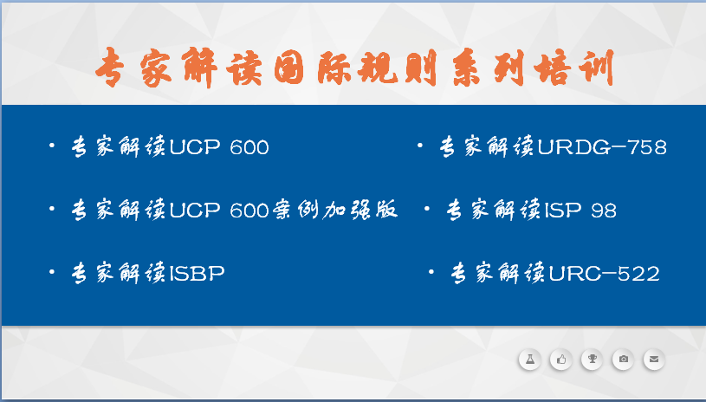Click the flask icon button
[529, 360]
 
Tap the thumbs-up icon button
[561, 360]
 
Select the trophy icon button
[592, 360]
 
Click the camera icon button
[623, 360]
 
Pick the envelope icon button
[654, 360]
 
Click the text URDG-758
[602, 147]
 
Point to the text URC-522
[605, 273]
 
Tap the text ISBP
[197, 273]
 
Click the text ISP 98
[580, 211]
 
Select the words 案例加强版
[335, 210]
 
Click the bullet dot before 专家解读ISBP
[52, 272]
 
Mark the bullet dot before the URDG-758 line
[419, 146]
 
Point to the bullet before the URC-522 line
[431, 272]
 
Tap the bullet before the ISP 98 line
[426, 209]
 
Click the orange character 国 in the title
[289, 68]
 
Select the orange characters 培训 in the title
[574, 68]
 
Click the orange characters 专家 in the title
[133, 68]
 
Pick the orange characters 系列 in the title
[489, 68]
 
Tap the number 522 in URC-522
[638, 273]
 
